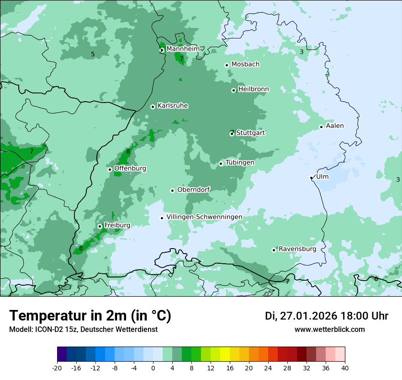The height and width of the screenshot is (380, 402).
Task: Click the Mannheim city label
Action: tap(182, 49)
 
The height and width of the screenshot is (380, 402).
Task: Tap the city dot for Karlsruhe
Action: tap(153, 107)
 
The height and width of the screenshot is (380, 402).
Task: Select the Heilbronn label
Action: tap(253, 89)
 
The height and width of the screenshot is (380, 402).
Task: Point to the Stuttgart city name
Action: tap(251, 133)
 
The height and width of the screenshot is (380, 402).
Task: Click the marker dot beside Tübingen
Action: tap(221, 163)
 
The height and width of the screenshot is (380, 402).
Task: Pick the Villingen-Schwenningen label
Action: tap(204, 217)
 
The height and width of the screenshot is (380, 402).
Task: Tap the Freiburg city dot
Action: tap(100, 226)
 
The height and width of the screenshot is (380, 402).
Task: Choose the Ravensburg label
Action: tap(297, 249)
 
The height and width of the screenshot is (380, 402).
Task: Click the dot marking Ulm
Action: tap(311, 178)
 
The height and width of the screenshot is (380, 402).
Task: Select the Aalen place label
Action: tap(335, 125)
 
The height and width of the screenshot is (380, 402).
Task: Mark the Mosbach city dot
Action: tap(227, 65)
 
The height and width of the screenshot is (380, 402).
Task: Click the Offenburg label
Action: tap(130, 168)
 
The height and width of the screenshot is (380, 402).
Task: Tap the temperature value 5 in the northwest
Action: tap(93, 54)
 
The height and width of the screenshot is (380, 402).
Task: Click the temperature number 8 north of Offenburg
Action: tap(128, 151)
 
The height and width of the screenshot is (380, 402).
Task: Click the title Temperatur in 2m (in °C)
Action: tap(90, 316)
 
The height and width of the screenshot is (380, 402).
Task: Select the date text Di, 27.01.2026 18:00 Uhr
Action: tap(327, 316)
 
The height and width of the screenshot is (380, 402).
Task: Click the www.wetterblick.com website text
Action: tap(329, 329)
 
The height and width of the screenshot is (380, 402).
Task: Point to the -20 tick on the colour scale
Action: tap(57, 368)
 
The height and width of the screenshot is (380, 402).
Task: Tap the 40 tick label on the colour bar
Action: tap(344, 368)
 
